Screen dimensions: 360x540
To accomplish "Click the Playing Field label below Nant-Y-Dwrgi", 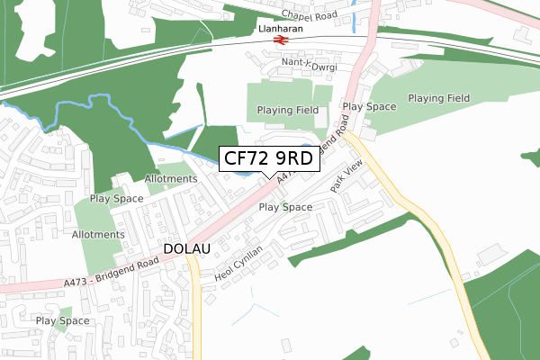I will [282, 110].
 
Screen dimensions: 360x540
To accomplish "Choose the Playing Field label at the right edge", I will [439, 97].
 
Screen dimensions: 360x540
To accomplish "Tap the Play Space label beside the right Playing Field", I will [369, 106].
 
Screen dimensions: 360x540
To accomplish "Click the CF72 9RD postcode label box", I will [268, 159].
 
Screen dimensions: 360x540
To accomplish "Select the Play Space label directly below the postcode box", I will [285, 207].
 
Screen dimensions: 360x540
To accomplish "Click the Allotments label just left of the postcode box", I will [170, 178].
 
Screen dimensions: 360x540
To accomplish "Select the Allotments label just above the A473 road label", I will [98, 234].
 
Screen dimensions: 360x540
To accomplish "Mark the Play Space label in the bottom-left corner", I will [62, 320].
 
